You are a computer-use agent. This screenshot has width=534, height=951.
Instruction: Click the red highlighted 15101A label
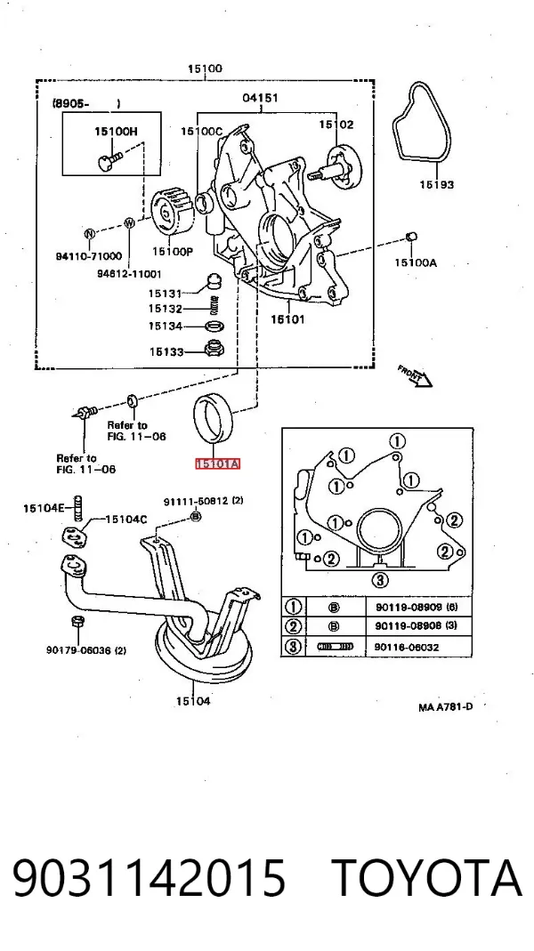(x=218, y=464)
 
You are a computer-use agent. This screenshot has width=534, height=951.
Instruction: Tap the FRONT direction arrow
(x=415, y=375)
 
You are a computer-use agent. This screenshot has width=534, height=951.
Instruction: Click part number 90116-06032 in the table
(x=406, y=647)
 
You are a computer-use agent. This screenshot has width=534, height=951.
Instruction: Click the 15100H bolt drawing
(x=109, y=159)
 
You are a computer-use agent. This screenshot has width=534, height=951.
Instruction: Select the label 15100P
(x=173, y=251)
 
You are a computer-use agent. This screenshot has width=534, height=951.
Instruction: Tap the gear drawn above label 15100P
(x=172, y=214)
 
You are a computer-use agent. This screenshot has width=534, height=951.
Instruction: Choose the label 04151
(x=260, y=98)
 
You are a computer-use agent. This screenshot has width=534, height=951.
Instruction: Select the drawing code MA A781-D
(x=445, y=707)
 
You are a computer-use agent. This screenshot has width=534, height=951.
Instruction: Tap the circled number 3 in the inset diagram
(x=379, y=580)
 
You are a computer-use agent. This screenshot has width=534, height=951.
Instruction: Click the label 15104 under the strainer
(x=194, y=702)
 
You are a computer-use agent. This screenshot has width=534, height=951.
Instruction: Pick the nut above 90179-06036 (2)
(x=77, y=622)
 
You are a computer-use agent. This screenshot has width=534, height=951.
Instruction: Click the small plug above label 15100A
(x=411, y=236)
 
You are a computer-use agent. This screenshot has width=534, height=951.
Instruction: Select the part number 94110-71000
(x=89, y=256)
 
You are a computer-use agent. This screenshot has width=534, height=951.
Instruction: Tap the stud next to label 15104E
(x=77, y=508)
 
